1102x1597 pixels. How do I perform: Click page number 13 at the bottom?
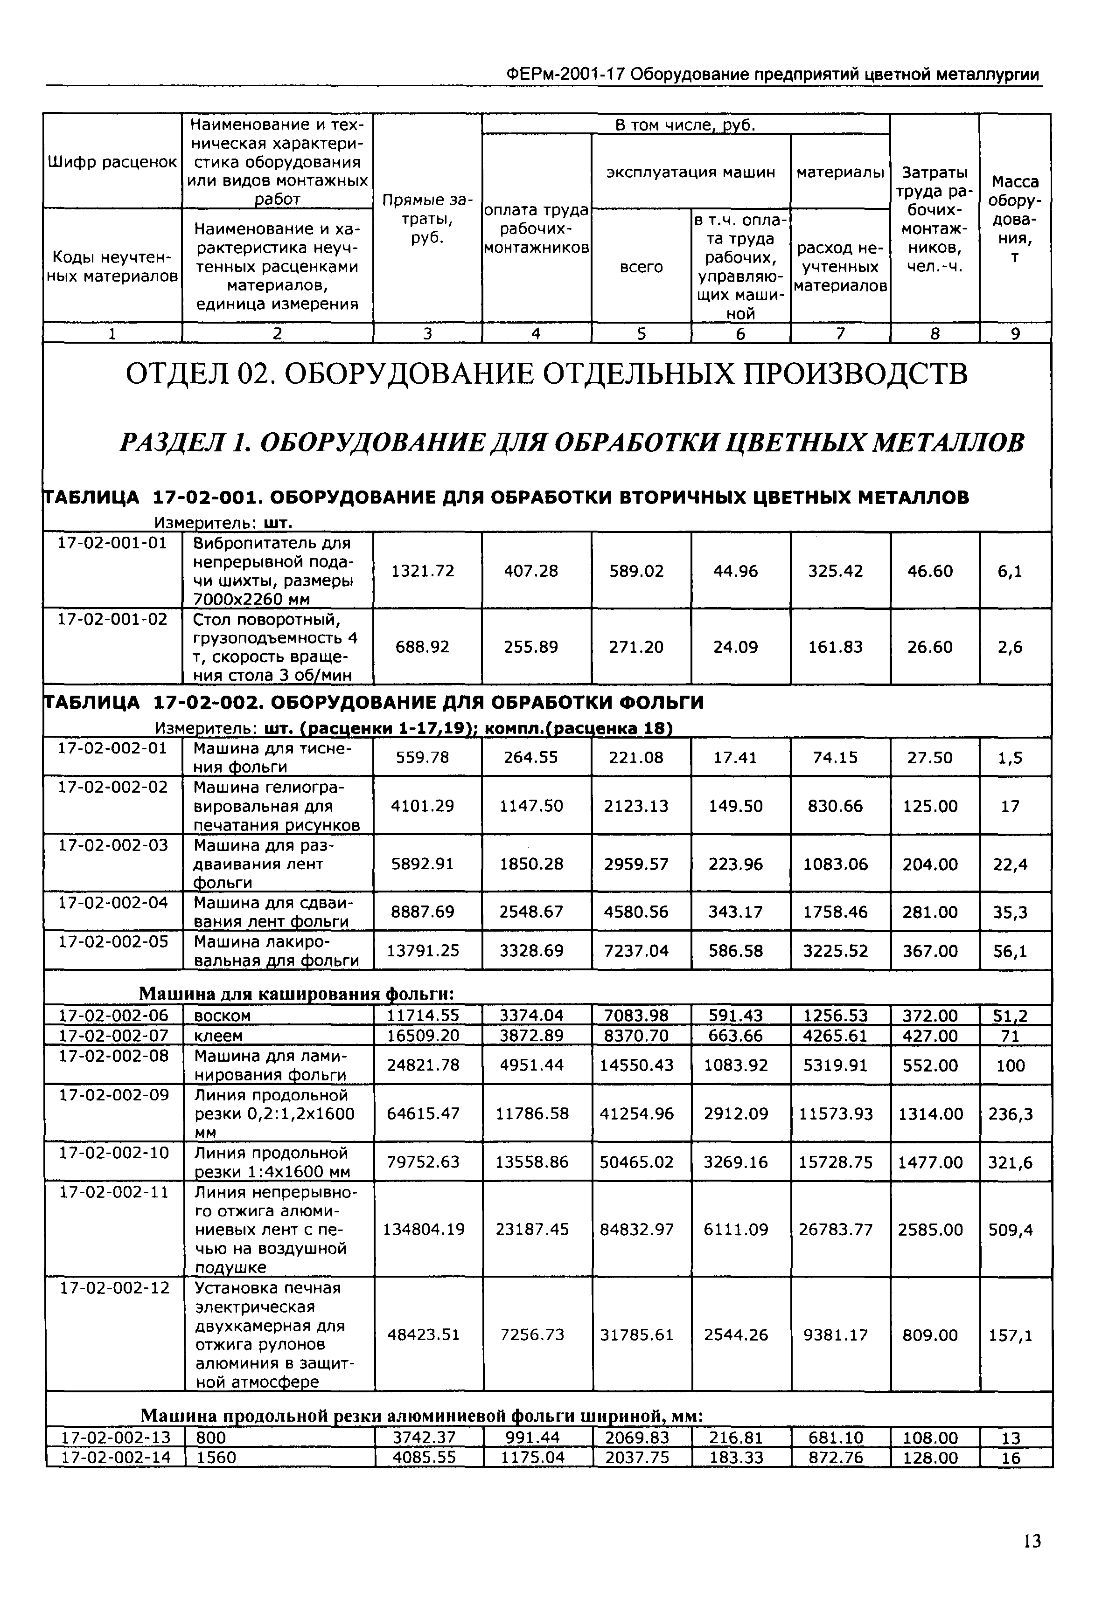point(1032,1541)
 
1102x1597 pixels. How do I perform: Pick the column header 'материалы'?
point(840,172)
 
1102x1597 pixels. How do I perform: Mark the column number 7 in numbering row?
point(840,334)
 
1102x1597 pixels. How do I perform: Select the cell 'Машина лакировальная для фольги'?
point(276,951)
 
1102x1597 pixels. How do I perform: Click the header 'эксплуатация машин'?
point(690,172)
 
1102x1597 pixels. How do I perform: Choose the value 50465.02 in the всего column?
point(637,1162)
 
